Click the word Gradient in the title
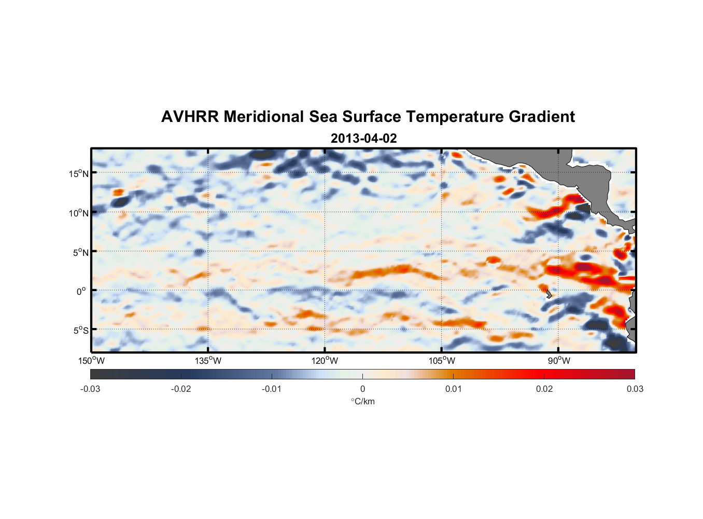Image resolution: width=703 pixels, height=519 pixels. click(x=542, y=117)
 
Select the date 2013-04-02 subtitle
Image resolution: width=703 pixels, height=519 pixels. click(x=363, y=139)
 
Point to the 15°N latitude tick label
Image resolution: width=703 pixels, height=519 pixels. click(x=79, y=173)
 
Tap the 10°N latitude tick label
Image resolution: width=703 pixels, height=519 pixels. click(x=79, y=213)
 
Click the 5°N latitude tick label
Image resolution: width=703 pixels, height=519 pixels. click(x=80, y=252)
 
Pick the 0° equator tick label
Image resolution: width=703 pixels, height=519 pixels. click(x=81, y=291)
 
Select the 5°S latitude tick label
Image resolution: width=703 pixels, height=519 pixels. click(x=80, y=330)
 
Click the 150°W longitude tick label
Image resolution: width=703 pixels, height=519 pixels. click(x=91, y=361)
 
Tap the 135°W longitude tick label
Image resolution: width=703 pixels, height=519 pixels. click(x=208, y=361)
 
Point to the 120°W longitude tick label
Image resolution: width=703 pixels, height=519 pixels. click(x=325, y=361)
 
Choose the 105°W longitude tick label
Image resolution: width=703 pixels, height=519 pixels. click(x=442, y=361)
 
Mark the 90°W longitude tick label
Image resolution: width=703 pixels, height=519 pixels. click(x=559, y=361)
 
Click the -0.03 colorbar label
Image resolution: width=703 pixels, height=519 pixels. click(x=90, y=389)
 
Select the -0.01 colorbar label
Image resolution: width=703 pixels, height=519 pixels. click(x=272, y=389)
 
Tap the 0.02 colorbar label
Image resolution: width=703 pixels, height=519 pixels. click(x=544, y=389)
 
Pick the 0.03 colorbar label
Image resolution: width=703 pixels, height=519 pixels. click(x=635, y=389)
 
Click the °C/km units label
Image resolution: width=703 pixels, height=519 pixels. click(x=362, y=401)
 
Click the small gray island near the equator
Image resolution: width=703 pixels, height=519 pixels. click(x=548, y=294)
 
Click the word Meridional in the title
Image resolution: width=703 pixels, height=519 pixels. click(x=264, y=117)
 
